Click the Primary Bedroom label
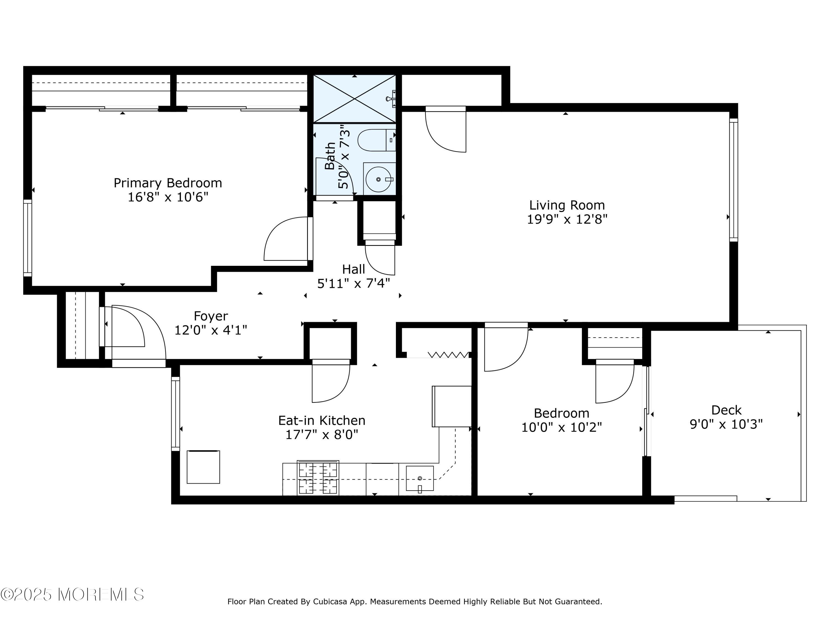click(168, 183)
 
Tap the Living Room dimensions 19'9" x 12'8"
click(567, 219)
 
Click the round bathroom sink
click(379, 179)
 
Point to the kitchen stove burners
click(318, 477)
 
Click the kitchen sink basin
click(420, 478)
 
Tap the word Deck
click(727, 410)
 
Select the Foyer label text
click(211, 316)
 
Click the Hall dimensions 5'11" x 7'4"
click(354, 283)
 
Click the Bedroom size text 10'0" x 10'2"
click(561, 427)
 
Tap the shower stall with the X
click(355, 99)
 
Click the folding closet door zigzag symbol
click(448, 354)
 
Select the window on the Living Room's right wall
click(733, 180)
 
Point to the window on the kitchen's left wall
click(176, 413)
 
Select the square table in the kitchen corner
click(203, 467)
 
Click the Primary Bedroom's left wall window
click(28, 238)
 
